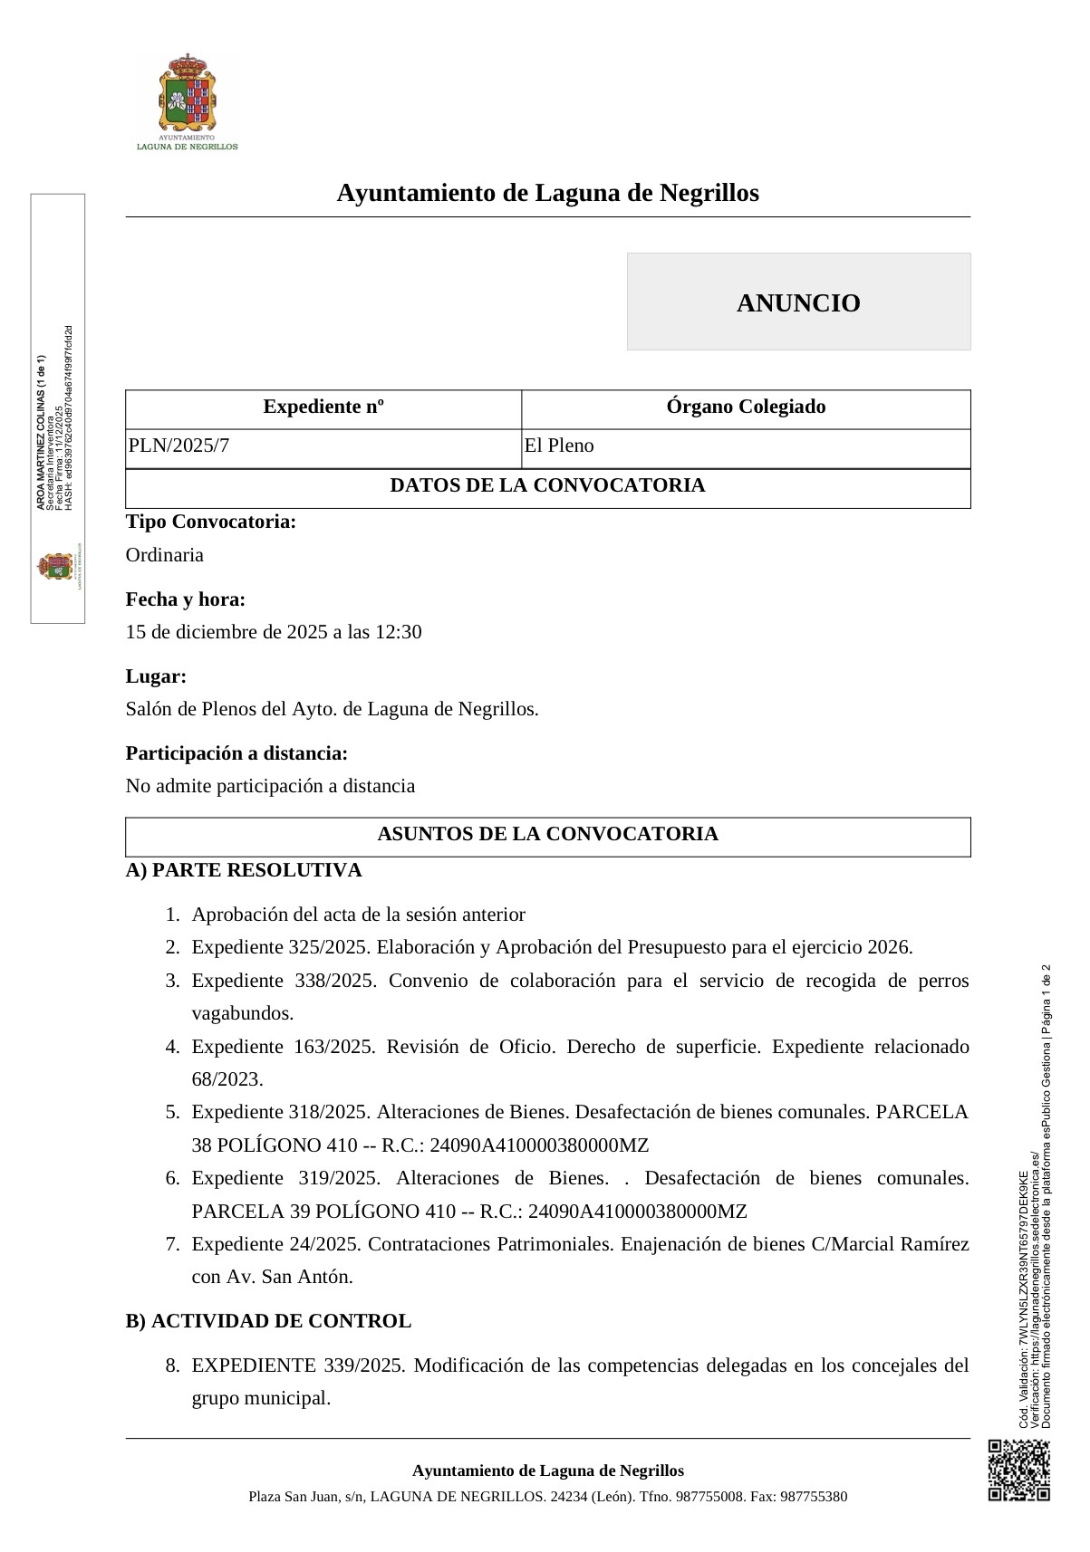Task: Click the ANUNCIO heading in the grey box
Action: [x=798, y=302]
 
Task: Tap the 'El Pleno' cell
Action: [x=559, y=445]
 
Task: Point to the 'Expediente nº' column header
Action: [x=323, y=407]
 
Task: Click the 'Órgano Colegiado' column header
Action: [x=746, y=407]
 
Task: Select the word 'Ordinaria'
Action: [x=165, y=555]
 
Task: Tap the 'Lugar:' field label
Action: [x=156, y=676]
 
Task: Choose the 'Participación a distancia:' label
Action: [x=236, y=753]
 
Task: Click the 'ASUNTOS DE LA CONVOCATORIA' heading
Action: [x=547, y=834]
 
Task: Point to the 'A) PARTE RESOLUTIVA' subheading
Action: [x=244, y=870]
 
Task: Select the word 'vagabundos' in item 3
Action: [x=241, y=1013]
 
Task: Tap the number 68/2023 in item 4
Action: [x=227, y=1079]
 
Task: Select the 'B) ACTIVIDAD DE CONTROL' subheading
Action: [x=268, y=1321]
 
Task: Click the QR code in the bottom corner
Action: [x=1018, y=1470]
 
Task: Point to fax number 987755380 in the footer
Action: [x=813, y=1497]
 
